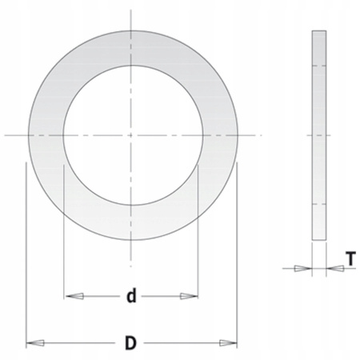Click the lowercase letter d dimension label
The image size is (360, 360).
click(x=131, y=295)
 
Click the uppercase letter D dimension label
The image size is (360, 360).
click(x=130, y=343)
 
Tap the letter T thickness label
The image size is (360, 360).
click(x=351, y=258)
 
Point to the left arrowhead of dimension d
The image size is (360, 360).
click(x=74, y=296)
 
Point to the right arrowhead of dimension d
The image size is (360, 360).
click(x=189, y=296)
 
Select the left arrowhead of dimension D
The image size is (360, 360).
click(x=35, y=343)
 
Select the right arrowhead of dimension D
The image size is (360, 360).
click(x=228, y=343)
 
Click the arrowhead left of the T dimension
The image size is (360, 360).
click(x=303, y=268)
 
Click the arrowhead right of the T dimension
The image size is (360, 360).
click(x=335, y=268)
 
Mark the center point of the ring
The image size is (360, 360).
click(x=130, y=135)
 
